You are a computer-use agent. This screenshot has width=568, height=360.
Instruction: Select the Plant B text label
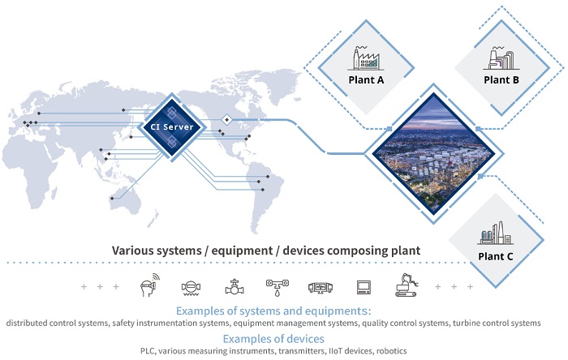click(501, 80)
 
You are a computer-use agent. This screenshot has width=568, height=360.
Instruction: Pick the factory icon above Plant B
click(500, 58)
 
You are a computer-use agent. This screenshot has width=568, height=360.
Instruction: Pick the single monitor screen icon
click(363, 287)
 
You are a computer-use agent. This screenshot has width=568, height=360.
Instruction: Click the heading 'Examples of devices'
click(273, 338)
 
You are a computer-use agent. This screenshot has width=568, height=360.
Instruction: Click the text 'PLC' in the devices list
click(149, 351)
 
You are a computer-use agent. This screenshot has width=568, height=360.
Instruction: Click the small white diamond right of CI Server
click(227, 120)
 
